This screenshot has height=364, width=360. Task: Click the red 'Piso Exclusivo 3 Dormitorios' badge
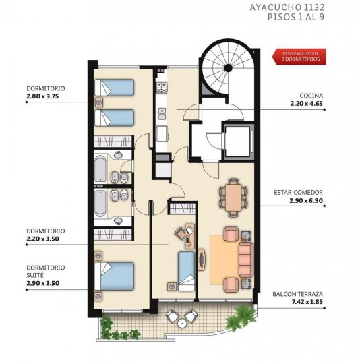pos(299,57)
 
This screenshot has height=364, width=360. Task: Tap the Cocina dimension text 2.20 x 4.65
pos(306,104)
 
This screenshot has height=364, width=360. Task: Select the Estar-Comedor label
pos(298,192)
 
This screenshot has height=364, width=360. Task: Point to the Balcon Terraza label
pos(297,294)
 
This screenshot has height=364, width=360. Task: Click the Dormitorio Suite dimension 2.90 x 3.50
pos(43,283)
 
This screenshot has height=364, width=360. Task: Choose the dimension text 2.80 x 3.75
pos(42,96)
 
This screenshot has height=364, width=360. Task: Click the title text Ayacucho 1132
pos(287,7)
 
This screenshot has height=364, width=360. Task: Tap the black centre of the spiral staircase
pos(228,68)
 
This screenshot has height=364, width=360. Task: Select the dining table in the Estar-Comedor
pos(234,198)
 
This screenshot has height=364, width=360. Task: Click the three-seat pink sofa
pos(246,260)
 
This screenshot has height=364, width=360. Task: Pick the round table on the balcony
pos(182,323)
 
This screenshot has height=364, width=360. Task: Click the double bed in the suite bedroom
pos(114,276)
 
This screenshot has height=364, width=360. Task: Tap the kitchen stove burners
pos(162,87)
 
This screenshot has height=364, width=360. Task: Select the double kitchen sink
pos(162,114)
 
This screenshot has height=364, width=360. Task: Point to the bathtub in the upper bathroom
pos(100,169)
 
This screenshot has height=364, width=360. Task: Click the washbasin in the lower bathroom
pos(119,221)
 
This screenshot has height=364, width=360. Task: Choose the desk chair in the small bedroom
pos(179,233)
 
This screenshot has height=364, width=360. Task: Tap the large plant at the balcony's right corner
pos(241,317)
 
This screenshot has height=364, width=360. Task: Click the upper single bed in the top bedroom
pos(114,87)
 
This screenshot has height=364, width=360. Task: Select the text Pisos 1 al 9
pos(296,17)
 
